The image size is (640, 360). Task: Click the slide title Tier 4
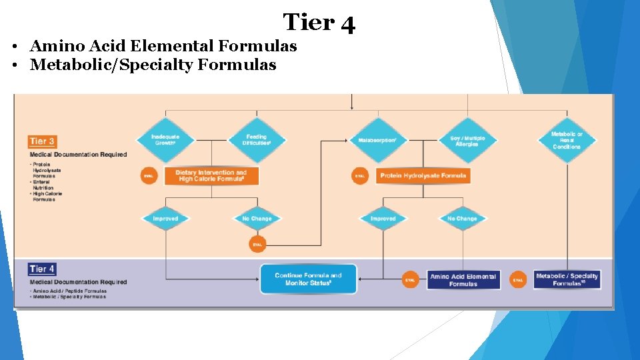pyautogui.click(x=319, y=23)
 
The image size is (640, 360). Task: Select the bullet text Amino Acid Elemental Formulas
pyautogui.click(x=163, y=46)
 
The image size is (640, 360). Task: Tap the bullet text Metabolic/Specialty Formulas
pyautogui.click(x=153, y=65)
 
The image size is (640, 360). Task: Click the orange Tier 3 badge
pyautogui.click(x=42, y=141)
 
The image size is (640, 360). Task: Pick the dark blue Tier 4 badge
pyautogui.click(x=42, y=269)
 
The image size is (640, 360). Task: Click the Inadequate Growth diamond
pyautogui.click(x=165, y=140)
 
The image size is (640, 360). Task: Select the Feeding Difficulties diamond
pyautogui.click(x=257, y=140)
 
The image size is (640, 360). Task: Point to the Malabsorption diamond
pyautogui.click(x=377, y=141)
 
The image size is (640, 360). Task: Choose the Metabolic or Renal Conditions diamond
pyautogui.click(x=567, y=141)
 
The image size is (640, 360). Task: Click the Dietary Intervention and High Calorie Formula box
pyautogui.click(x=211, y=176)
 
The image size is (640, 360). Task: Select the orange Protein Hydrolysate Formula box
pyautogui.click(x=423, y=176)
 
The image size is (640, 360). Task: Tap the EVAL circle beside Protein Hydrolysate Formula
pyautogui.click(x=360, y=177)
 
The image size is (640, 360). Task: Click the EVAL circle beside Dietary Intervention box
pyautogui.click(x=148, y=177)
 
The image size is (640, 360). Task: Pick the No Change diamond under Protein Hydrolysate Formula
pyautogui.click(x=462, y=219)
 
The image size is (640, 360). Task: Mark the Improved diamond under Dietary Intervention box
pyautogui.click(x=165, y=219)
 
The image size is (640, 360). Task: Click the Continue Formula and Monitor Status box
pyautogui.click(x=308, y=279)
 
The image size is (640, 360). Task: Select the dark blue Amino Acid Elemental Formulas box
pyautogui.click(x=463, y=280)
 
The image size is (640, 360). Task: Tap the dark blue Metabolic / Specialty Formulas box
pyautogui.click(x=567, y=279)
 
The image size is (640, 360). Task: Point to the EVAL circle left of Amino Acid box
pyautogui.click(x=410, y=280)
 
